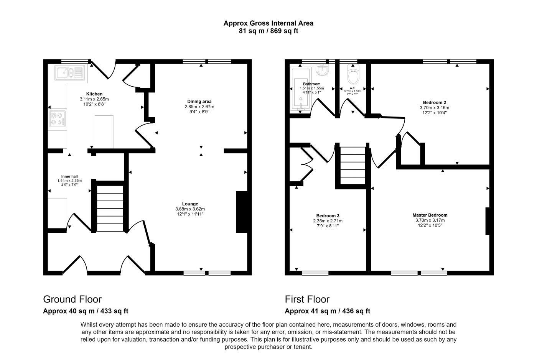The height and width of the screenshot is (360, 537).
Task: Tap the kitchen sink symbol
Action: pyautogui.click(x=69, y=72)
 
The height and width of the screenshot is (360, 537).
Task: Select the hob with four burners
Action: pyautogui.click(x=57, y=118)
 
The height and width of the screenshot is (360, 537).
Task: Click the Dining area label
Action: pyautogui.click(x=199, y=102)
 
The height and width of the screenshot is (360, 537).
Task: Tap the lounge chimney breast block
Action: pyautogui.click(x=241, y=212)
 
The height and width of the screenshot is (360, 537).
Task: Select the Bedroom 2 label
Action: pyautogui.click(x=434, y=102)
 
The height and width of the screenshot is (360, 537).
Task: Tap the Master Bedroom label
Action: pyautogui.click(x=430, y=215)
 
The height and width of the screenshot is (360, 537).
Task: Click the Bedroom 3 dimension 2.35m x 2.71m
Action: pyautogui.click(x=328, y=221)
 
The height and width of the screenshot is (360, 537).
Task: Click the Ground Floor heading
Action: pyautogui.click(x=72, y=299)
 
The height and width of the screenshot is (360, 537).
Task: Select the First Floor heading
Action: pyautogui.click(x=307, y=299)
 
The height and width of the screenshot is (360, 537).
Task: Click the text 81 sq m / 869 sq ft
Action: pyautogui.click(x=268, y=31)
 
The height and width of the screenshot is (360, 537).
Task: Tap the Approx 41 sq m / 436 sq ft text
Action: pyautogui.click(x=327, y=311)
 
